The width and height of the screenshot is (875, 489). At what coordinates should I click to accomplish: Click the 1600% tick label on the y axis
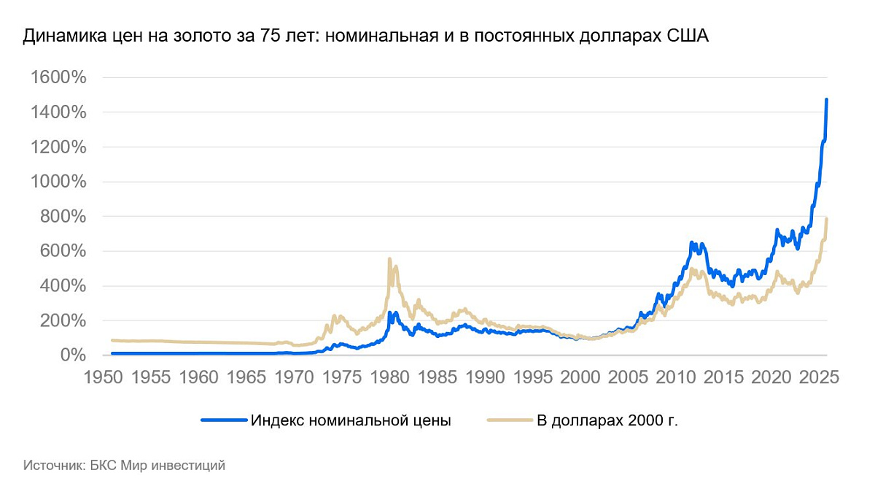coord(58,78)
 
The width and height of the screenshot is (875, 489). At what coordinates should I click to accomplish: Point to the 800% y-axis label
coord(64,217)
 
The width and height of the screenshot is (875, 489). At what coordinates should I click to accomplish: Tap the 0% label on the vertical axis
coord(74,355)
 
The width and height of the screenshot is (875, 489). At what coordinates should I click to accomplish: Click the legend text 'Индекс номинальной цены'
coord(350,421)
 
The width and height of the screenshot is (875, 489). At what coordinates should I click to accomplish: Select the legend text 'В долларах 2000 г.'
coord(607,421)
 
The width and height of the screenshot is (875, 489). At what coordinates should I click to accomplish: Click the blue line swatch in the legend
coord(223,421)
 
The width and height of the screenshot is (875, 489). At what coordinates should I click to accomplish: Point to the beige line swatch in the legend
coord(510,421)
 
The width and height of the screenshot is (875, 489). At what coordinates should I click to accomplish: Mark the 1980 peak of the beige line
coord(389,259)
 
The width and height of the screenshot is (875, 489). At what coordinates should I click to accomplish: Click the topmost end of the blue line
coord(826,100)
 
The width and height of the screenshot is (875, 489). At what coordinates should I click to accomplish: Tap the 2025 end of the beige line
coord(827,219)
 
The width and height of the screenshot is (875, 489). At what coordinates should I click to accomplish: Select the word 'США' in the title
coord(689,36)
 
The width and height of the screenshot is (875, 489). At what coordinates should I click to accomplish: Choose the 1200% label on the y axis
coord(58,147)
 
